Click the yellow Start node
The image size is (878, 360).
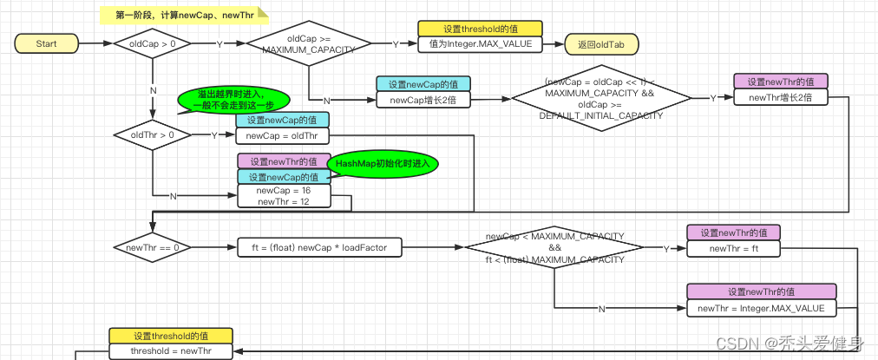click(47, 43)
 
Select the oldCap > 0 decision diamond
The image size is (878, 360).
click(153, 43)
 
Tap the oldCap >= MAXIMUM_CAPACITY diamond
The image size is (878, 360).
click(308, 43)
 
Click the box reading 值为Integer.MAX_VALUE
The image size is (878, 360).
click(480, 43)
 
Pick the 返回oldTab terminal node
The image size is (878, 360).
click(594, 43)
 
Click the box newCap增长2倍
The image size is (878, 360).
click(423, 99)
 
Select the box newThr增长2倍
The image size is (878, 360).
click(781, 97)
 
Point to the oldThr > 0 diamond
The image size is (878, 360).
click(152, 134)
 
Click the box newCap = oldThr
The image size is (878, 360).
click(282, 135)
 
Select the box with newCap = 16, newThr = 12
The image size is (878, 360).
click(284, 196)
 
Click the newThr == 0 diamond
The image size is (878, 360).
click(152, 247)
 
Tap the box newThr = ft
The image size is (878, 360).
click(733, 248)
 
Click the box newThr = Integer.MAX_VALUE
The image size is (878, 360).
click(762, 308)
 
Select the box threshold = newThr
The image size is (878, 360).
click(170, 350)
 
